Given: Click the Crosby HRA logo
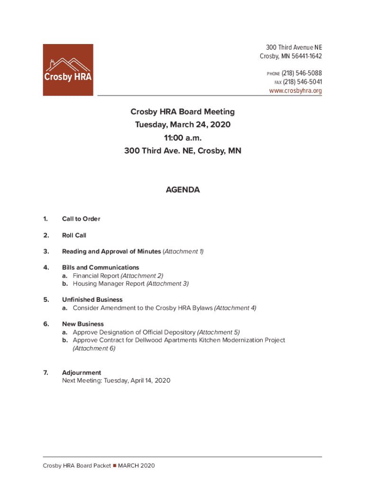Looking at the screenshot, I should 68,70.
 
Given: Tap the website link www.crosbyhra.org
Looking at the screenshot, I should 295,90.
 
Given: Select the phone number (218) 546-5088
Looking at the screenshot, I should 301,73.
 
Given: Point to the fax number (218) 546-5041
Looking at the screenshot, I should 302,82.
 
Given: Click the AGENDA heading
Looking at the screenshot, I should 182,190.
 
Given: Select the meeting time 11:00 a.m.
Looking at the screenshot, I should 182,138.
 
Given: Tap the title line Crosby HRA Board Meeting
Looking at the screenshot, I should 182,112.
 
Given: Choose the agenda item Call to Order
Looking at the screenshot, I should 81,219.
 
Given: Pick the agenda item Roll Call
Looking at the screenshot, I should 74,235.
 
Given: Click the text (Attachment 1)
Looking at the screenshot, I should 183,251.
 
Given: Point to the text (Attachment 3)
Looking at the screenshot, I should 167,284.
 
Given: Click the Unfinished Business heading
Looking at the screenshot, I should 92,300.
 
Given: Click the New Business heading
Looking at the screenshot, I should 83,324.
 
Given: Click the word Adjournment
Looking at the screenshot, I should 82,373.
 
